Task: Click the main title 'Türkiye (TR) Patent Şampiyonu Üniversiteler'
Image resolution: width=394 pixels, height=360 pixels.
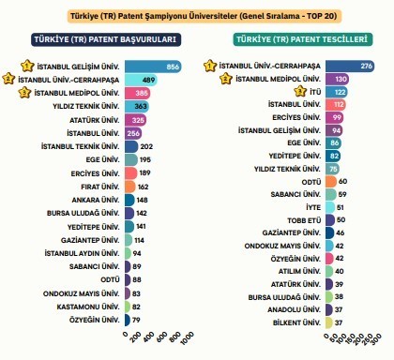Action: [x=197, y=16]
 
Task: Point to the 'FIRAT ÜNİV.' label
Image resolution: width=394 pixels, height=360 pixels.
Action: [x=98, y=187]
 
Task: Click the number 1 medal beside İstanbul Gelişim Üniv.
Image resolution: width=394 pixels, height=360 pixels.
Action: [x=13, y=67]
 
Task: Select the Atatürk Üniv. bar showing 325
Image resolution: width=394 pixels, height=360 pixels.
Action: [x=134, y=120]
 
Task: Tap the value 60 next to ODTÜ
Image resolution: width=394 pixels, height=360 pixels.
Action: [x=343, y=180]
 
